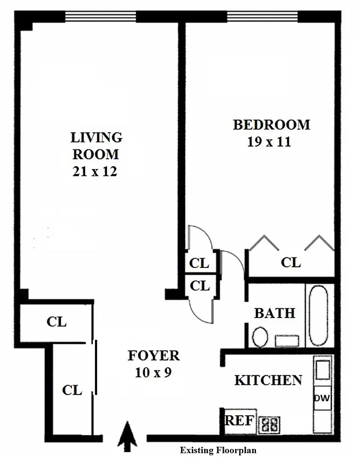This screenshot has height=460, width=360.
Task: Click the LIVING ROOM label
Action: (x=96, y=146)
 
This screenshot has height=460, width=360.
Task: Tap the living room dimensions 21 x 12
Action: (x=96, y=171)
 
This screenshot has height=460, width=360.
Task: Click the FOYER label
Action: (x=154, y=356)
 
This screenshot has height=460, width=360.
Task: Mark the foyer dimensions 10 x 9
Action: (x=153, y=373)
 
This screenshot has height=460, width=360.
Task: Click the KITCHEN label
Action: (x=268, y=380)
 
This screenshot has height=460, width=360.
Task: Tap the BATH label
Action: (x=274, y=313)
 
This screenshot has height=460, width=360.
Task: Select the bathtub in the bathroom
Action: (x=317, y=315)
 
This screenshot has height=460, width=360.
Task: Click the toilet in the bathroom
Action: (x=260, y=336)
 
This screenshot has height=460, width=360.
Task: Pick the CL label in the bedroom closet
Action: (x=291, y=263)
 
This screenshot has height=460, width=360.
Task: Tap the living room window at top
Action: (x=100, y=17)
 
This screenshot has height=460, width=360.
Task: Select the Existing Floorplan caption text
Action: (x=218, y=450)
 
